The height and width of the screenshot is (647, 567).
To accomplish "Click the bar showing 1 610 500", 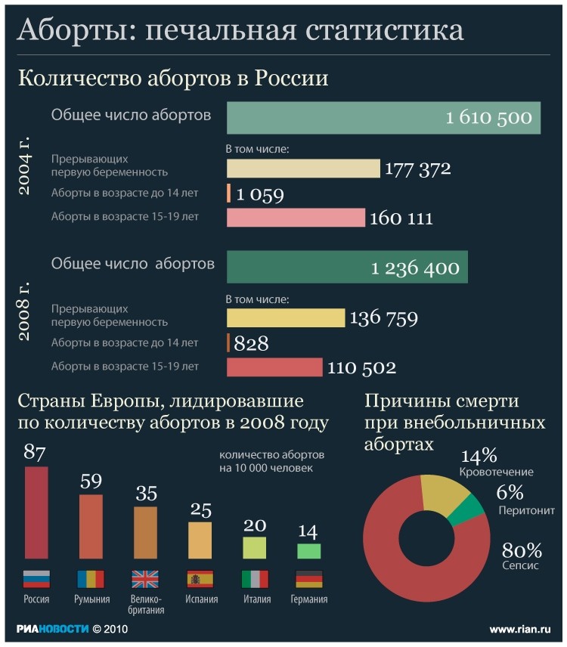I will (383, 118).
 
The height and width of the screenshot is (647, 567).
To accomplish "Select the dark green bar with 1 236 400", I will (347, 268).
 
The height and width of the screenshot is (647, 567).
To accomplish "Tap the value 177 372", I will (417, 169).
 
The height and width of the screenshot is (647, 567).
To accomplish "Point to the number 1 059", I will (259, 195).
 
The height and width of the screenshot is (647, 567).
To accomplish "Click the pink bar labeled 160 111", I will (296, 218).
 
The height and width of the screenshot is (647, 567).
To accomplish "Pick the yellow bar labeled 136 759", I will (285, 317).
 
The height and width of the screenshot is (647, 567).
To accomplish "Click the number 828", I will (251, 344).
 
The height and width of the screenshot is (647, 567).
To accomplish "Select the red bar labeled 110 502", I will (274, 367).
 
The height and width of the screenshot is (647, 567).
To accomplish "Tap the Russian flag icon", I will (36, 579).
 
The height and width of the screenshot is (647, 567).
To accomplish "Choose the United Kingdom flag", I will (145, 579).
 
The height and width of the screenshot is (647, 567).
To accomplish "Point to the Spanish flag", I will (200, 579).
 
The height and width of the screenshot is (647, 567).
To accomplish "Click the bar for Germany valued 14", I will (308, 551).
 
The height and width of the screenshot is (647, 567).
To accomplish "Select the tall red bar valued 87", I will (36, 512).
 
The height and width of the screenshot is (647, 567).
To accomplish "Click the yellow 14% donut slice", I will (442, 492).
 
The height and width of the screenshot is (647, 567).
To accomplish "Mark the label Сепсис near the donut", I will (520, 565).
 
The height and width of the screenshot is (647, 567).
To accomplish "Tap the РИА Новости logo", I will (52, 629).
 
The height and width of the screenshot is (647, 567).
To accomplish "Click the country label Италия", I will (256, 599).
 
